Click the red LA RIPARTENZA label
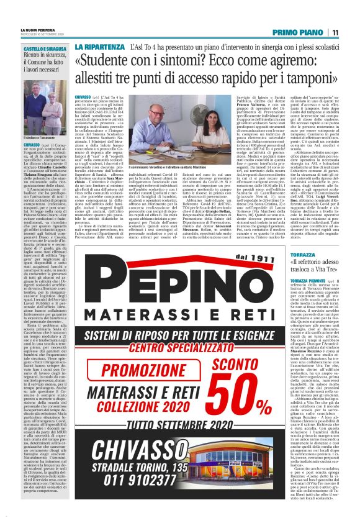(x=92, y=47)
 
